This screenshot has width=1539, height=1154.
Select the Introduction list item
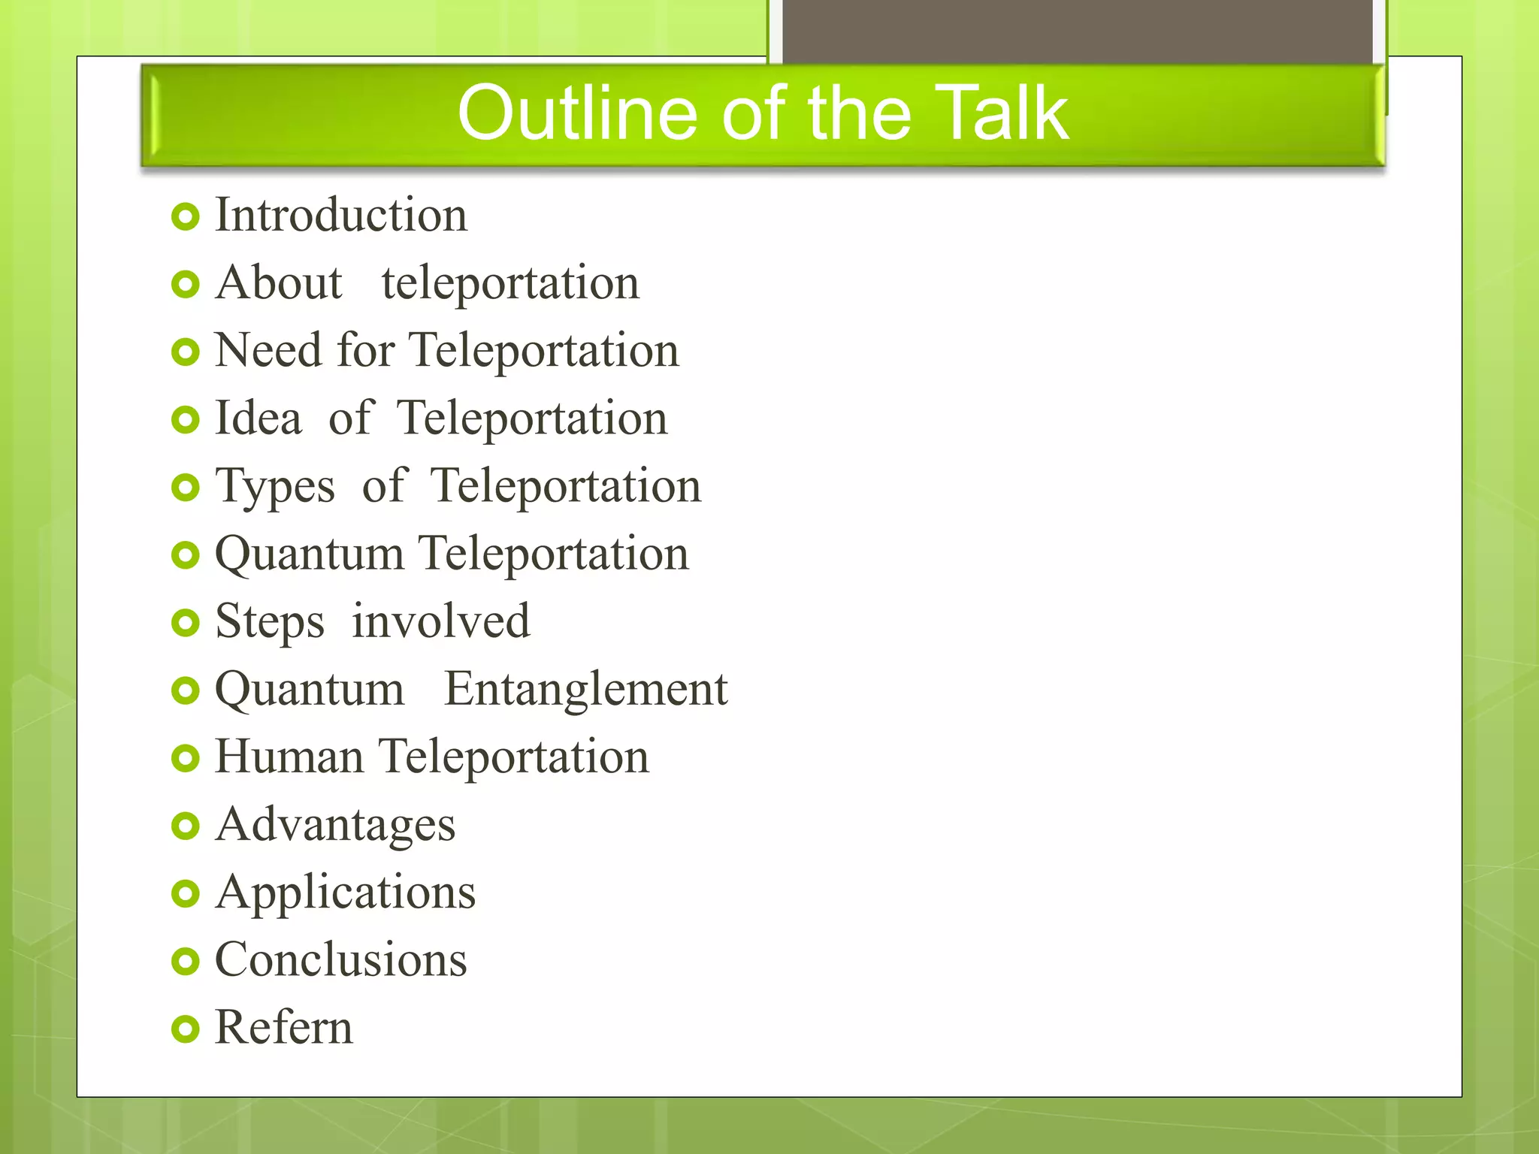click(340, 216)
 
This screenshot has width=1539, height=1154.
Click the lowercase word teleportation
click(509, 283)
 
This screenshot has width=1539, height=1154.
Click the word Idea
click(258, 418)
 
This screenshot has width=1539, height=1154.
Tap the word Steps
click(269, 623)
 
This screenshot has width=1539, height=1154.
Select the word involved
click(440, 621)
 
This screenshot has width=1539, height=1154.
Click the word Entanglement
click(585, 690)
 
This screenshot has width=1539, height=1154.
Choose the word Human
click(289, 757)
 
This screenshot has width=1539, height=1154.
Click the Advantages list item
click(335, 826)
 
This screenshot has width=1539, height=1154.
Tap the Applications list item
click(345, 893)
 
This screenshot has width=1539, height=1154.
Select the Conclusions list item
click(340, 960)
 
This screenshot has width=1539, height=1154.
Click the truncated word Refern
click(283, 1028)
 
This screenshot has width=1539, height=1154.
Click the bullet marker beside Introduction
click(185, 217)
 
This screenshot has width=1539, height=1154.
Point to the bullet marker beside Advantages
click(185, 826)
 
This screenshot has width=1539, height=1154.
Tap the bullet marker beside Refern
click(185, 1029)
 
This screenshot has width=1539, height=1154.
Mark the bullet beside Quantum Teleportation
click(185, 556)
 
